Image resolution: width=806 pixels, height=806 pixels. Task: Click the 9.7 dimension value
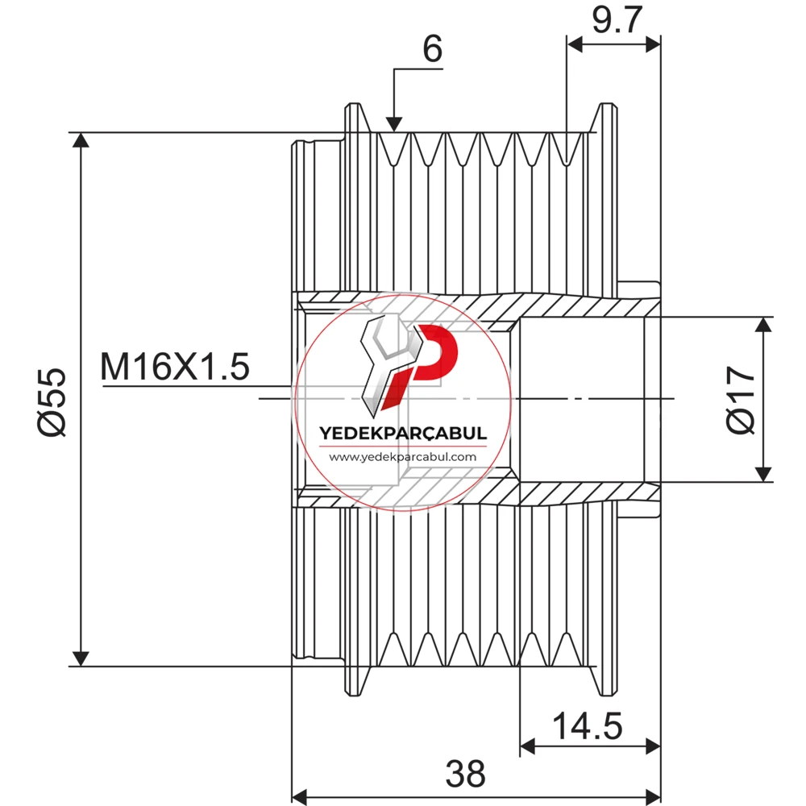point(617,21)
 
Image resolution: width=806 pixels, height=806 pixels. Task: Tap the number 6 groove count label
point(432,49)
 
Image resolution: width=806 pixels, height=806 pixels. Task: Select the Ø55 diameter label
point(52,402)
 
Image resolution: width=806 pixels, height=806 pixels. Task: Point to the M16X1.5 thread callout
point(175,367)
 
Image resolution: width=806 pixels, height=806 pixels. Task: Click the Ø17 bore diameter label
point(741,400)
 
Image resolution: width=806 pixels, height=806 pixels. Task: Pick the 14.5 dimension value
point(587,726)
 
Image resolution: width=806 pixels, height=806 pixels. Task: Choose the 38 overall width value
point(465,774)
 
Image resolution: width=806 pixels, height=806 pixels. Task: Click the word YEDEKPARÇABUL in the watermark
point(403,434)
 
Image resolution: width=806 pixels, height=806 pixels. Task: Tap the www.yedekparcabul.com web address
point(402,457)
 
